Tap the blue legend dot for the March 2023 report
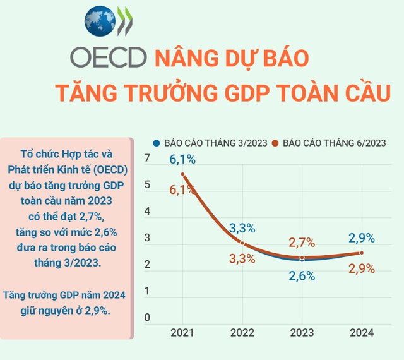point(157,143)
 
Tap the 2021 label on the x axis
point(182,333)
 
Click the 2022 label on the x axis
point(242,333)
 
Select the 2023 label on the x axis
point(302,333)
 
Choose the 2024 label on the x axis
point(361,333)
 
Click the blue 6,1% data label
point(182,159)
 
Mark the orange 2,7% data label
point(302,242)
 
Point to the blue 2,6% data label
point(302,275)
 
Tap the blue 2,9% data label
point(362,238)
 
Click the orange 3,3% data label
point(242,258)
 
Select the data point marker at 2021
point(182,174)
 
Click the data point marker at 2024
point(362,253)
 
